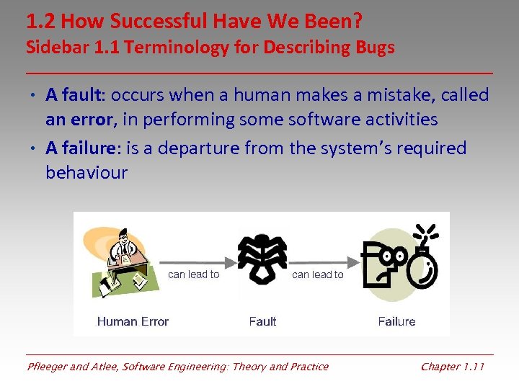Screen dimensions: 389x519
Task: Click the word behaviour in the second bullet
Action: [x=86, y=173]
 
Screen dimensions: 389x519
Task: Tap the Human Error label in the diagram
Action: [x=133, y=321]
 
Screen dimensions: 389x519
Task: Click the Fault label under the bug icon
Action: [x=262, y=321]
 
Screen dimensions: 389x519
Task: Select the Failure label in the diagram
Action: [x=396, y=321]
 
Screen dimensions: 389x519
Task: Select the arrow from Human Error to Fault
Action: [x=195, y=262]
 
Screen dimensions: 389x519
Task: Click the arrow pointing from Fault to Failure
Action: [x=321, y=262]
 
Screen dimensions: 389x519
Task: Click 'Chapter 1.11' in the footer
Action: [x=453, y=367]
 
